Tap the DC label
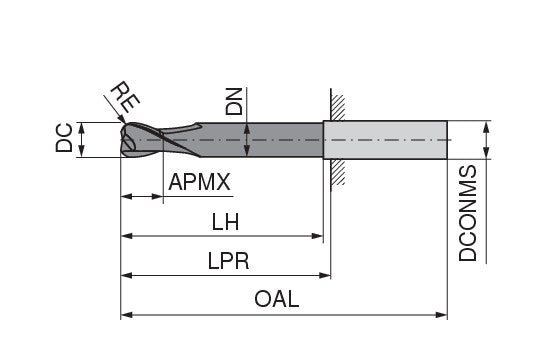tap(63, 140)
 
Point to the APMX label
tap(200, 183)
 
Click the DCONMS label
tap(467, 215)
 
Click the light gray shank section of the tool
tap(385, 140)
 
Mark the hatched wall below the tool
tap(339, 171)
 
